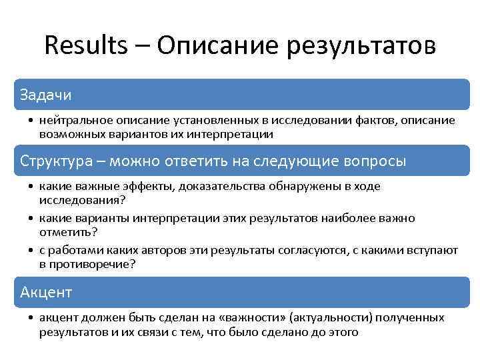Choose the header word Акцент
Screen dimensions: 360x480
[x=46, y=292]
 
